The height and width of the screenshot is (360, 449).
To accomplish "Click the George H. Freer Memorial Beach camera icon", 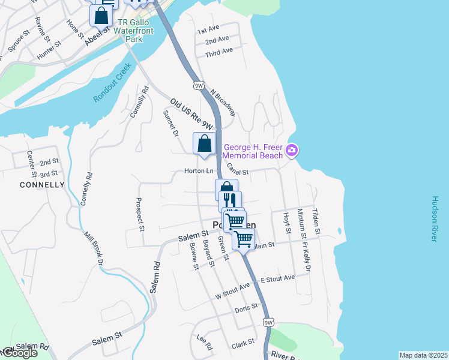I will [292, 149].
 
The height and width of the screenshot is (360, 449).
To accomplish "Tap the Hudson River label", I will [434, 218].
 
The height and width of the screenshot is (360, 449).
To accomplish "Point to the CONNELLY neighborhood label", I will [42, 185].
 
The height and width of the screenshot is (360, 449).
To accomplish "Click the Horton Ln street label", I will [199, 171].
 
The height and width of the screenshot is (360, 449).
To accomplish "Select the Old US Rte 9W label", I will [191, 114].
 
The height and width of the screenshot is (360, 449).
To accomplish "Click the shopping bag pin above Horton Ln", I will [204, 144].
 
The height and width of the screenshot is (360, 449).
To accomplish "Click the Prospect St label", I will [141, 215].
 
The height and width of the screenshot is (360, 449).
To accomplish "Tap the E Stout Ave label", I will [278, 279].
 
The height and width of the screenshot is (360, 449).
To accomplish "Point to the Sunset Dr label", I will [171, 122].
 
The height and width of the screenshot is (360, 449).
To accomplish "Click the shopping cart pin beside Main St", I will [243, 239].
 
